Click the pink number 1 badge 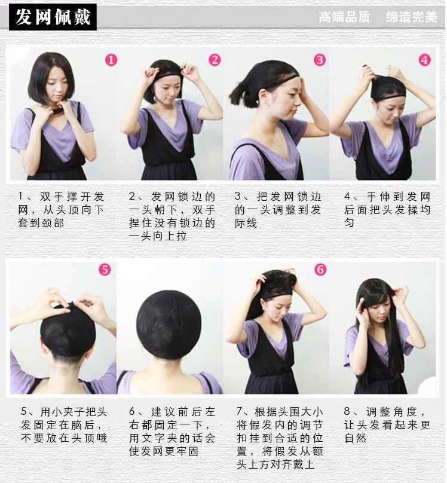coord(111,60)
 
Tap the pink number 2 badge coord(215,60)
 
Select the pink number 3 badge coord(320,60)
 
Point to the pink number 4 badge coord(424,60)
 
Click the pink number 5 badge coord(105,270)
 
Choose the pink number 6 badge coord(320,270)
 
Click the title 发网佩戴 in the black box coord(53,17)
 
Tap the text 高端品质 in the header coord(344,17)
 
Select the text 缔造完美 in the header coord(411,17)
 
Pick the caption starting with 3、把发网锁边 coord(278,210)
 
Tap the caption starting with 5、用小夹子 coord(64,425)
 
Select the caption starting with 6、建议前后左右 coord(172,432)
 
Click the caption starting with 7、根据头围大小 coord(280,438)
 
